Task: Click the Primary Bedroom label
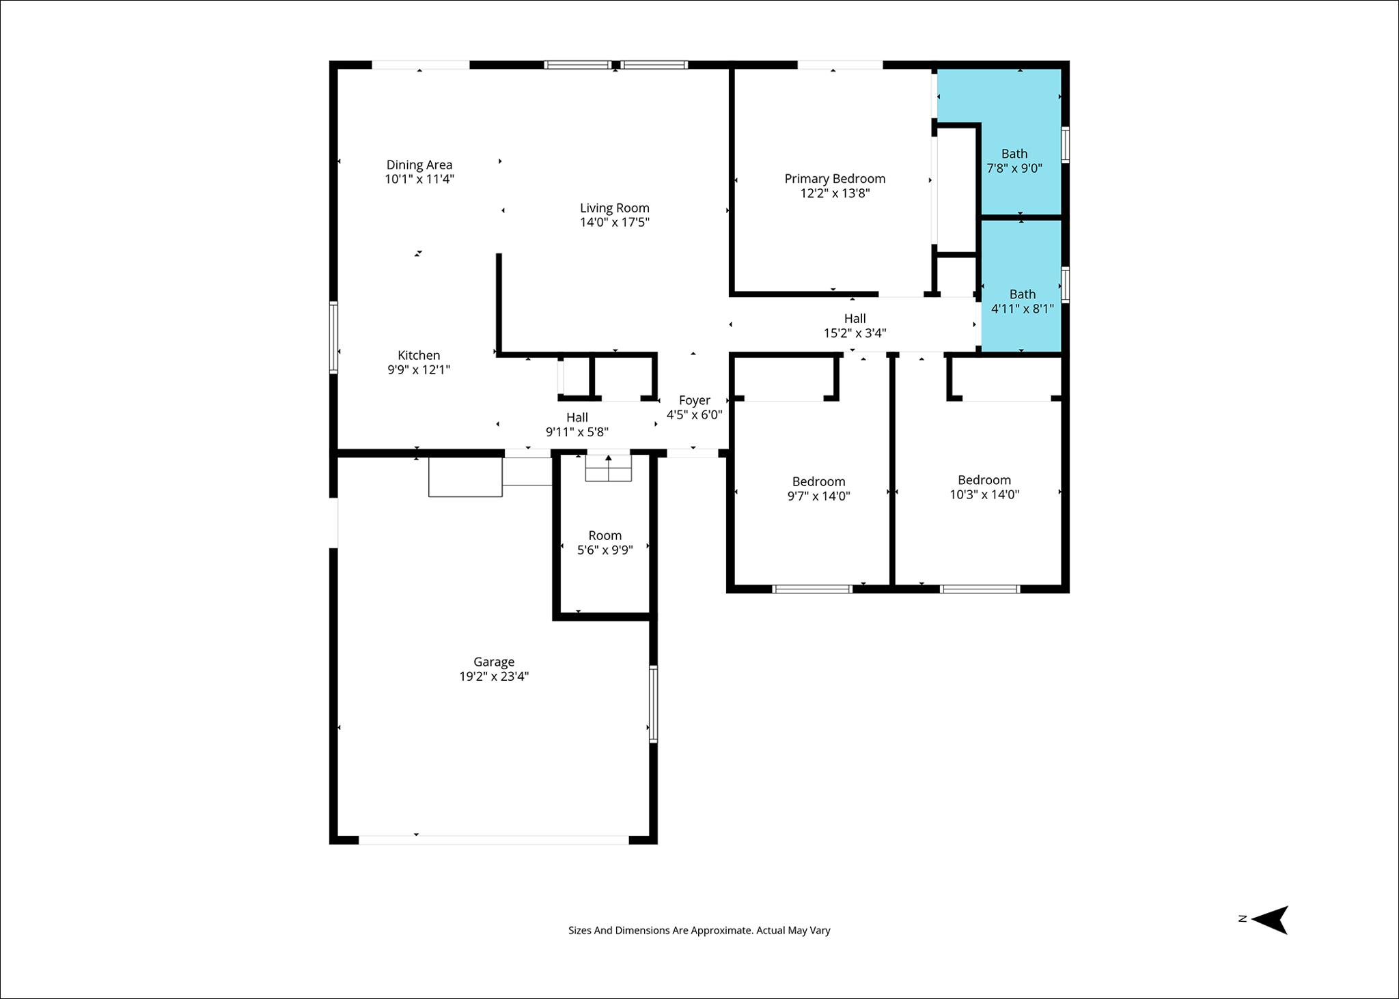click(x=834, y=179)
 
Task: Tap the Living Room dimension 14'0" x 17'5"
click(x=614, y=223)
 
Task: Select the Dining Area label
click(x=419, y=165)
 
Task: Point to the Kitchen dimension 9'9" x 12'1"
click(x=418, y=370)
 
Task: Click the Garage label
click(x=493, y=662)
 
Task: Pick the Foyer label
click(x=694, y=400)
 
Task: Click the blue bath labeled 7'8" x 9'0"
click(x=1014, y=161)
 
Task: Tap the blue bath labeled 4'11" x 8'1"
click(x=1022, y=301)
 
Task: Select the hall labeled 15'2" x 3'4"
click(x=854, y=326)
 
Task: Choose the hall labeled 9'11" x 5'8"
click(x=577, y=424)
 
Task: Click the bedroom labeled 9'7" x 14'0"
click(x=818, y=489)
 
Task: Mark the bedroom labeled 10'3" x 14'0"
click(x=984, y=487)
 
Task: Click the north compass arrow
click(x=1270, y=919)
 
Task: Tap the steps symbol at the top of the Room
click(x=608, y=468)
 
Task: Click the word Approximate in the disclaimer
click(x=721, y=930)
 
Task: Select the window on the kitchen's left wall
click(x=333, y=337)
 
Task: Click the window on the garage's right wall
click(x=653, y=703)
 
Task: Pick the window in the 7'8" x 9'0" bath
click(x=1065, y=145)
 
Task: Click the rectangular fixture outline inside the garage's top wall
click(x=465, y=477)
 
